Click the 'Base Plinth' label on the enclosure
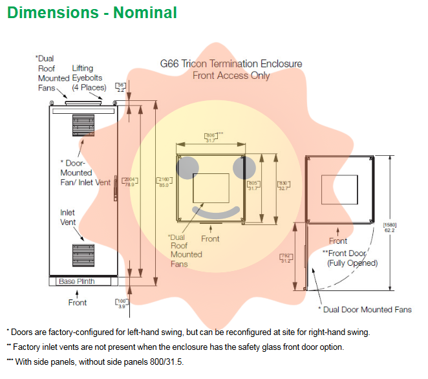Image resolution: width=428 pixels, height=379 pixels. coord(76,281)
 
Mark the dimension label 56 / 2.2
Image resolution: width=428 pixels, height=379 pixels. coord(120,87)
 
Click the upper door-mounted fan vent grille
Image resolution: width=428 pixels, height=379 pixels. coord(83,125)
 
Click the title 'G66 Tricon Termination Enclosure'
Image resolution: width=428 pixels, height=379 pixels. coord(231,64)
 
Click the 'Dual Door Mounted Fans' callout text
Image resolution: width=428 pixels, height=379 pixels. coord(368,309)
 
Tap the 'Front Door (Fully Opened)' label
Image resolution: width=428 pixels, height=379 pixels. coord(352,258)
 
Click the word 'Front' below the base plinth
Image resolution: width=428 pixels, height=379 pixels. coord(78,302)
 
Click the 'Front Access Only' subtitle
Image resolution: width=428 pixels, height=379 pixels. coord(231,75)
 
